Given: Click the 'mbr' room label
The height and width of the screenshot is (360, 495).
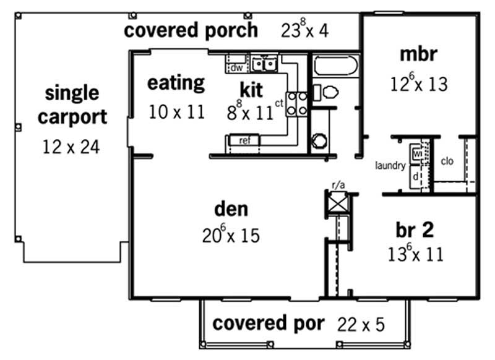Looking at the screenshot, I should pos(419,54).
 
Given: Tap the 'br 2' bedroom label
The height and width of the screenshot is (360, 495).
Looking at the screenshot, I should pos(415,229).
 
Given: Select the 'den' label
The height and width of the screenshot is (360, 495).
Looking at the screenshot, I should pos(231,208).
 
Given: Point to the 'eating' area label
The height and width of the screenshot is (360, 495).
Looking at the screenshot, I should pos(176,83).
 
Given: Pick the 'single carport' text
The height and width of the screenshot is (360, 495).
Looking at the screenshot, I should pos(72,105).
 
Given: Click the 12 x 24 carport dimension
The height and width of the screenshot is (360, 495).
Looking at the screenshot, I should pos(71,147).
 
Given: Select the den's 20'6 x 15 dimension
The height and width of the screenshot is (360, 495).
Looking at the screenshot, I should pos(230,235).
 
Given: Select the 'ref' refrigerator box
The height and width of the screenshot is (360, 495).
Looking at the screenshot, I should pos(244,140).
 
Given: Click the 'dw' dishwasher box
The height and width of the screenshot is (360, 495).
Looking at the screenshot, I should pos(236,67).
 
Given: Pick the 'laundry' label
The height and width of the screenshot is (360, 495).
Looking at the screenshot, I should pos(390,166).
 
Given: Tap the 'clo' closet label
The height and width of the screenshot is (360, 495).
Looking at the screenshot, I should pos(447,161).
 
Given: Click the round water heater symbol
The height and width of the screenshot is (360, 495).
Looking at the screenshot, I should pos(319,140).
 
